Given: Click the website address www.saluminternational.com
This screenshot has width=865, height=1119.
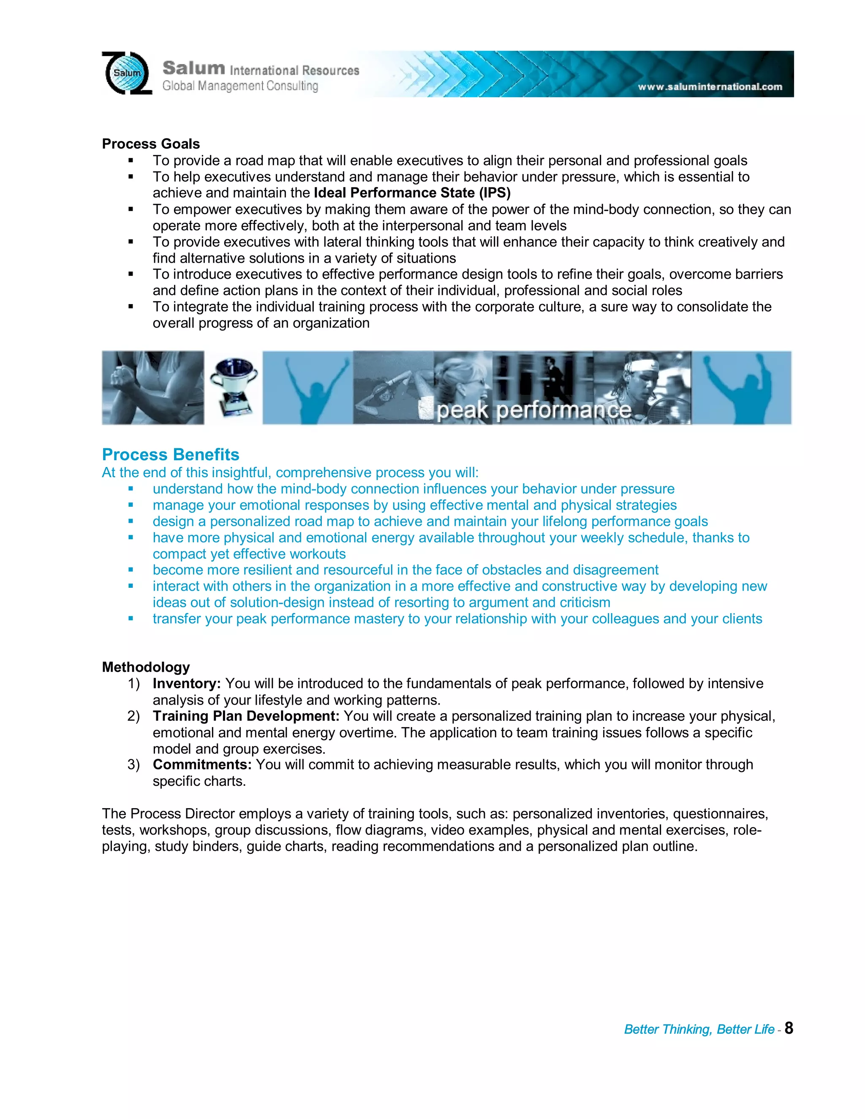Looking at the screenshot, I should (x=710, y=87).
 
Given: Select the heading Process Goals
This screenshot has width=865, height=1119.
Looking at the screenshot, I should (x=151, y=144).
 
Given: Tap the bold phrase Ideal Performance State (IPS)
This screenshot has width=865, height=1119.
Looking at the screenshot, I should (x=412, y=193).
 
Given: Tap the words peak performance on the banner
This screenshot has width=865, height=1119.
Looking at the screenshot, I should (x=533, y=410).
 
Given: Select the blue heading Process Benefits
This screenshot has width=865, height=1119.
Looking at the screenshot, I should (x=171, y=454).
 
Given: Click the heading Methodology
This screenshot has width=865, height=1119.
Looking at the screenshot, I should (x=146, y=667).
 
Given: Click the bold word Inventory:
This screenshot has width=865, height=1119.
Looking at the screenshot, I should (x=187, y=684).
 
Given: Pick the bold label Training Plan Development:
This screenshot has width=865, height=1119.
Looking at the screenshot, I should (x=246, y=716).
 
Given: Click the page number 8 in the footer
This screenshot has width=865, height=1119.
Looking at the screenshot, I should (x=789, y=1028).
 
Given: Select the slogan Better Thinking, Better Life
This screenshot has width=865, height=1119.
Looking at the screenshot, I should (x=699, y=1029).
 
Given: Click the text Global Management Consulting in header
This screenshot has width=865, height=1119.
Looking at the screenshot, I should (x=240, y=86).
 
